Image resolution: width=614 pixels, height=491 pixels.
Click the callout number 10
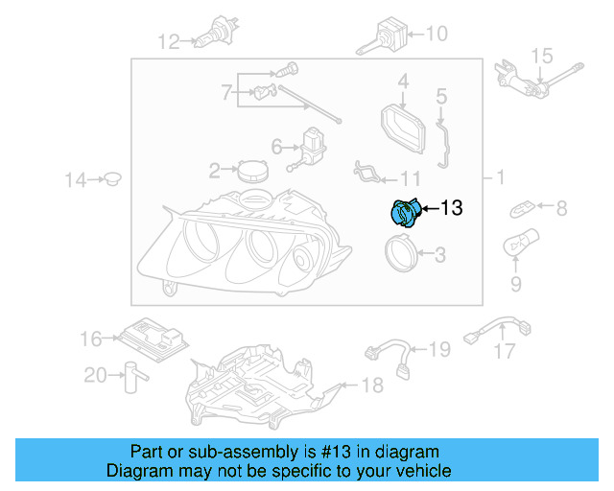[436, 35]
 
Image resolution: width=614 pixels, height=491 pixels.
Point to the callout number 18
[371, 385]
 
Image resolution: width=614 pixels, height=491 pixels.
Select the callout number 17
[505, 352]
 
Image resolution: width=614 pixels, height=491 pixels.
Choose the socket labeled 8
[524, 206]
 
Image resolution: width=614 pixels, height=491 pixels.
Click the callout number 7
[227, 93]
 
